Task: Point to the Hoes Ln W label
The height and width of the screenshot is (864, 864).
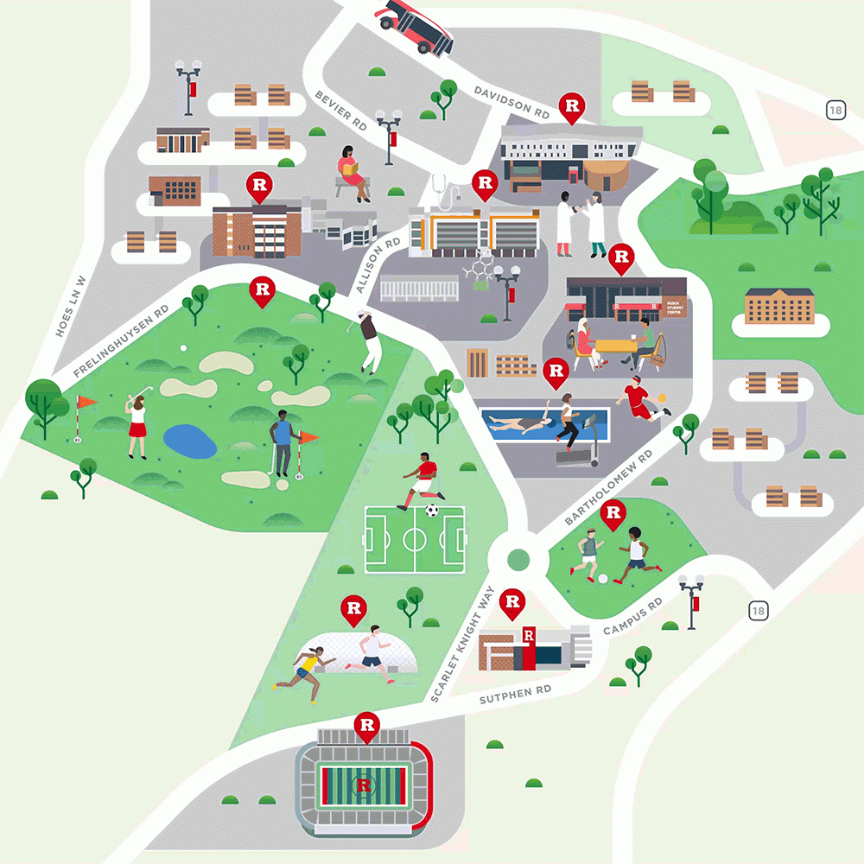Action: tap(69, 306)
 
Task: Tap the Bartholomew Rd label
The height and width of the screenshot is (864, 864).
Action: tap(609, 488)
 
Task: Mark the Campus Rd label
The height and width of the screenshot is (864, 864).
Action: tap(632, 616)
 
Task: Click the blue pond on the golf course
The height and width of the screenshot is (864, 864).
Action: tap(190, 442)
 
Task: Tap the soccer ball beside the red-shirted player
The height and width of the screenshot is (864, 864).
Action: tap(432, 511)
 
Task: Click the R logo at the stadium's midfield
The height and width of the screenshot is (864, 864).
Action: tap(364, 785)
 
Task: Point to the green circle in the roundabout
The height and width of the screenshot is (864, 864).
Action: tap(518, 559)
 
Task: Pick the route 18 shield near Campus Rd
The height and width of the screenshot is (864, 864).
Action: tap(758, 611)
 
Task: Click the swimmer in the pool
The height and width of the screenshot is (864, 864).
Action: tap(517, 423)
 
